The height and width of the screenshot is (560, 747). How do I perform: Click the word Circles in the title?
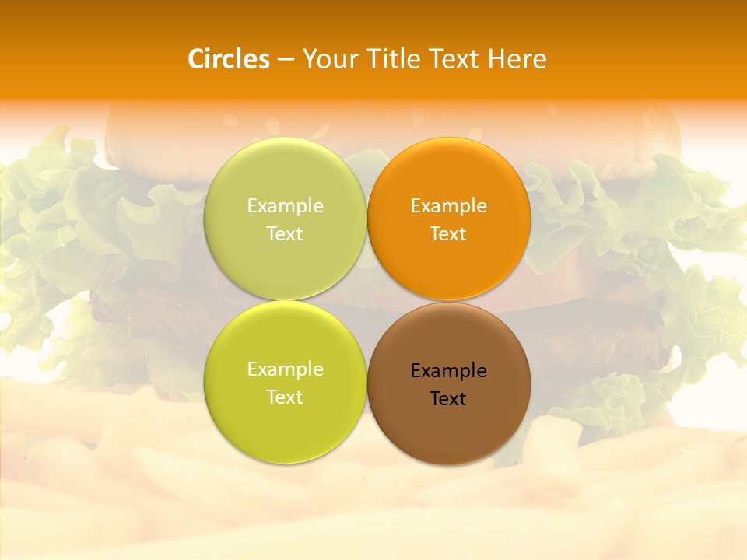229,59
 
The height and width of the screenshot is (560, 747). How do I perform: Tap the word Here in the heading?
517,59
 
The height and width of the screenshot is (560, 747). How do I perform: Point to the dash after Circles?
286,60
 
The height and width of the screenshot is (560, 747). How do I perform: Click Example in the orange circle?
449,206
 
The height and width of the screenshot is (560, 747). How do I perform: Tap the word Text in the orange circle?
448,234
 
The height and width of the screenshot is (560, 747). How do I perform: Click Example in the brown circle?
449,371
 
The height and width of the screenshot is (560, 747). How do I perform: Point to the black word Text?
448,399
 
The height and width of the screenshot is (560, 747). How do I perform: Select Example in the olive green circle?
285,206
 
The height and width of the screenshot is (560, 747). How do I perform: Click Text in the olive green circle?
285,234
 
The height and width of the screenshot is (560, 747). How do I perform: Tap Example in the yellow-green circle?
285,369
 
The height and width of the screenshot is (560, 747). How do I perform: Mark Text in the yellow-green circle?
285,397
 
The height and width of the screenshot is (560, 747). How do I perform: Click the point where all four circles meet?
366,301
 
